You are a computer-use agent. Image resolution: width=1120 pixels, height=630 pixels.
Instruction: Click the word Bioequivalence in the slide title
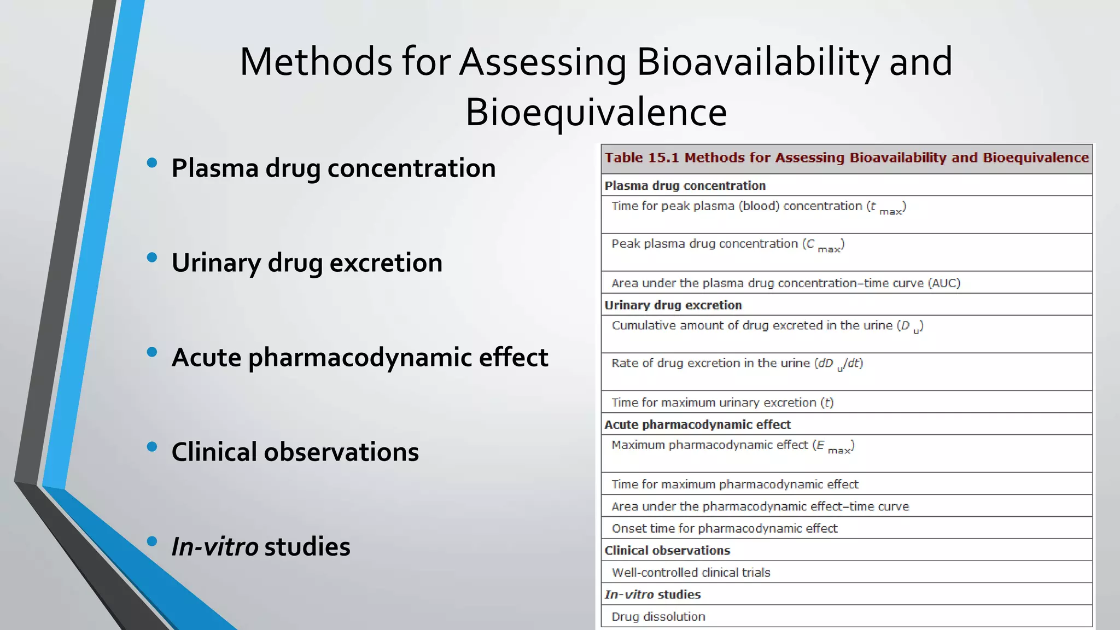pyautogui.click(x=596, y=112)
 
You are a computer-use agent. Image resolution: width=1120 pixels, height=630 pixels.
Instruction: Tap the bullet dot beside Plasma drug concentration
pyautogui.click(x=152, y=162)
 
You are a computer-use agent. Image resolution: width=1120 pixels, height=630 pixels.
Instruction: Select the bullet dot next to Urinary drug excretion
pyautogui.click(x=152, y=257)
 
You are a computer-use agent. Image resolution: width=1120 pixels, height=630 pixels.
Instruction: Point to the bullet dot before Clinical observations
pyautogui.click(x=152, y=447)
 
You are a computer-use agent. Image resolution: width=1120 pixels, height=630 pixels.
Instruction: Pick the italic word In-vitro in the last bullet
pyautogui.click(x=214, y=546)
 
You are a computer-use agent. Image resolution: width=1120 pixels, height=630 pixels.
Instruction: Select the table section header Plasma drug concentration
pyautogui.click(x=685, y=186)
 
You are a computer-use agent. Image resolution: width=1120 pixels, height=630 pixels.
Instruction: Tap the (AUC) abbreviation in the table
pyautogui.click(x=944, y=283)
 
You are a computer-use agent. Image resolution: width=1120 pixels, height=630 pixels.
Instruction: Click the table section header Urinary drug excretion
pyautogui.click(x=673, y=305)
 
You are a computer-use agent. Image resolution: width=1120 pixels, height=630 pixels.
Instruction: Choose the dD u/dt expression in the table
pyautogui.click(x=839, y=364)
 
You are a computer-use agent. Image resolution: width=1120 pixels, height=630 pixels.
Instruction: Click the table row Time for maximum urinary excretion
pyautogui.click(x=722, y=403)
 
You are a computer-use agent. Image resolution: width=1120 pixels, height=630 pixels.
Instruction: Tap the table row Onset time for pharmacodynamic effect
pyautogui.click(x=724, y=529)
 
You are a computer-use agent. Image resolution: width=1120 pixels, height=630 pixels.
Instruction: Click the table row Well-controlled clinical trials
pyautogui.click(x=691, y=573)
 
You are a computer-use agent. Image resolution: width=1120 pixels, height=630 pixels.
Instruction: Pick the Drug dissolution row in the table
pyautogui.click(x=658, y=617)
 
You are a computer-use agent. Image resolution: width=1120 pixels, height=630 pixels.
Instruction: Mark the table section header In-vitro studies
pyautogui.click(x=652, y=594)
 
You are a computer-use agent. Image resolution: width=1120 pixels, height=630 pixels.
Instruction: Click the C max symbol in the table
pyautogui.click(x=824, y=246)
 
